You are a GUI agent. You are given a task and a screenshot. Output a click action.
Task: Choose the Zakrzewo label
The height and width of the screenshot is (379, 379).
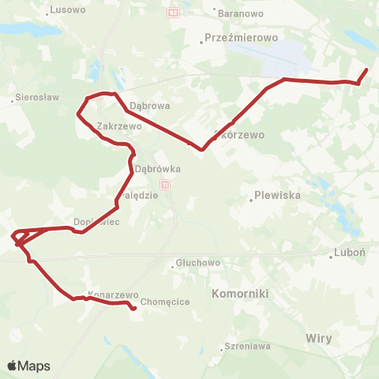pos(118,126)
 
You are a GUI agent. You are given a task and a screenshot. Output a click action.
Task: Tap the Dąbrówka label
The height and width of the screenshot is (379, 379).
pos(158,169)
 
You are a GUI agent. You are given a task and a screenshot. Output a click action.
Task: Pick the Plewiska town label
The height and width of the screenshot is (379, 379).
pos(276,196)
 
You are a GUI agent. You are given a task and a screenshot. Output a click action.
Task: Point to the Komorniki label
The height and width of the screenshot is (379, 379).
pos(241,293)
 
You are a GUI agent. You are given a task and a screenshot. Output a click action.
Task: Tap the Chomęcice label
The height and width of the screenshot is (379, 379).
pos(160,302)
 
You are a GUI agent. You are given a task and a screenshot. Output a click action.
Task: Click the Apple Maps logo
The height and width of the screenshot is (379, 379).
pos(28,366)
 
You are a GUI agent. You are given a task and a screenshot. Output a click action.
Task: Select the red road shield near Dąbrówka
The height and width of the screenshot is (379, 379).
pos(164,184)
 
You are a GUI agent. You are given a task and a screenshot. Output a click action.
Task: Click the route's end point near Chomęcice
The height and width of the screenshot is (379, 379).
pos(133,309)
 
